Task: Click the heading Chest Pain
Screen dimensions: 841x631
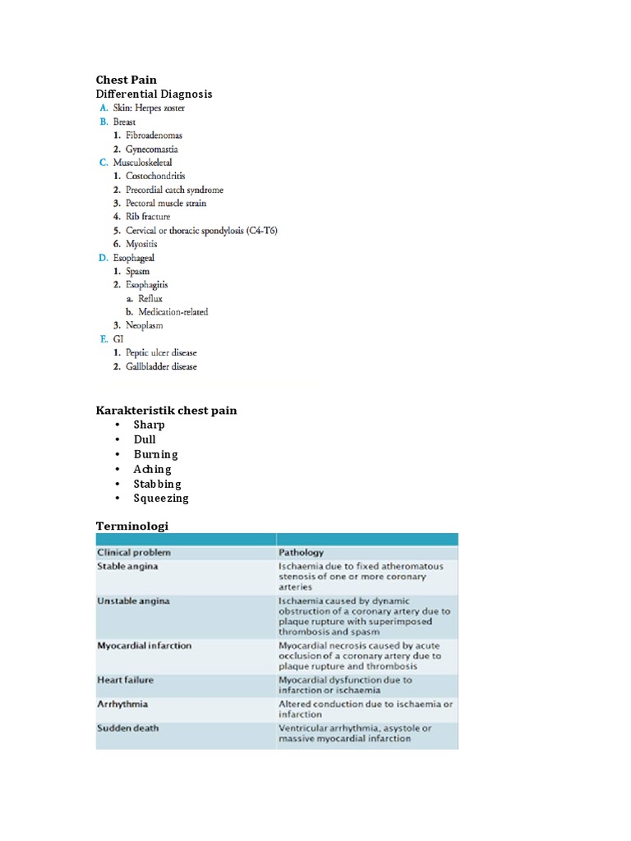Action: tap(127, 80)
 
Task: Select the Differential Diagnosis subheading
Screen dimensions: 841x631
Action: tap(154, 94)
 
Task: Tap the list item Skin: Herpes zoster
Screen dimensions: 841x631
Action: tap(154, 108)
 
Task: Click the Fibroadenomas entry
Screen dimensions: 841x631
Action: tap(154, 135)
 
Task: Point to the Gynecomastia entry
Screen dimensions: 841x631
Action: tap(151, 149)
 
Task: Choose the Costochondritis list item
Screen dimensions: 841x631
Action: tap(155, 176)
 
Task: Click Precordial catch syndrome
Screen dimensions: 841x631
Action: tap(174, 190)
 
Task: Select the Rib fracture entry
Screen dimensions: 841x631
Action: tap(148, 217)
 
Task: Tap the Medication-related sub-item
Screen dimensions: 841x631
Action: tap(173, 311)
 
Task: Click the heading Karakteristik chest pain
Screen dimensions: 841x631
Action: tap(167, 410)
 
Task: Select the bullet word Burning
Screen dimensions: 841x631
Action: tap(156, 454)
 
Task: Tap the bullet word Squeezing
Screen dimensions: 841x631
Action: tap(161, 498)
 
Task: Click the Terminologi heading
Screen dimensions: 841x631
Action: tap(132, 525)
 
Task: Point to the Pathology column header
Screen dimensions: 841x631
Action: tap(301, 553)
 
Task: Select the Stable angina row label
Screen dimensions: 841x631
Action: tap(128, 566)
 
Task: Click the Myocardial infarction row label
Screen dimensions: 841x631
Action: tap(145, 646)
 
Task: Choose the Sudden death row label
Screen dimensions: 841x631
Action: tap(128, 728)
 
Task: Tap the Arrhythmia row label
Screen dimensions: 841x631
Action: tap(123, 704)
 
